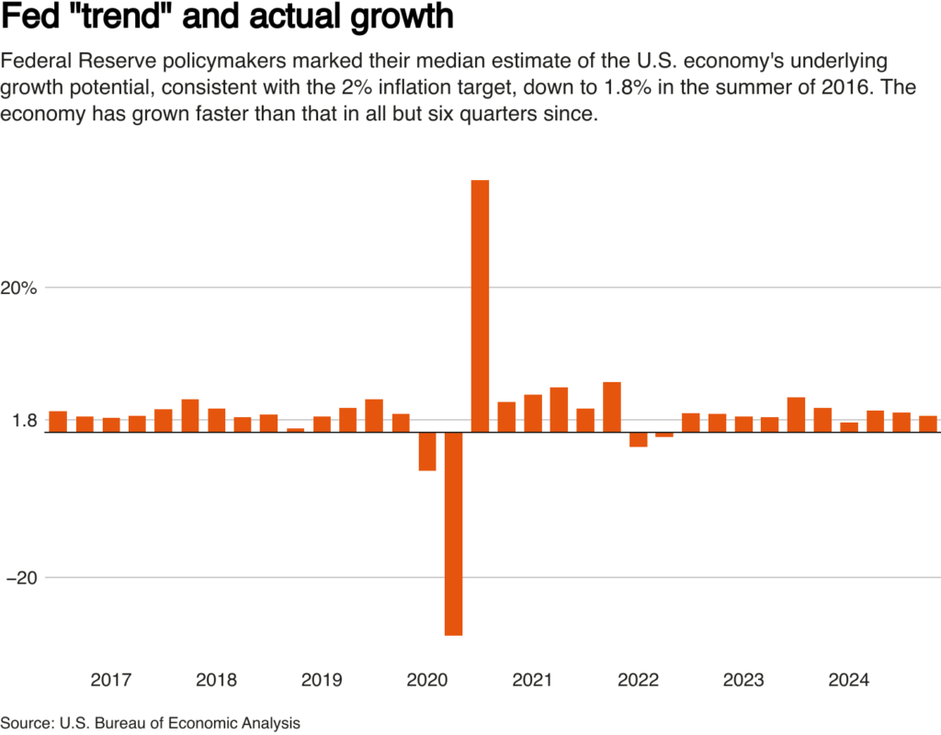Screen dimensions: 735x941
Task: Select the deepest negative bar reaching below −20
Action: click(x=453, y=533)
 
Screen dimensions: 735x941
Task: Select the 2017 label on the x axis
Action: click(x=110, y=681)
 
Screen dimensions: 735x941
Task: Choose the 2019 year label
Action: click(x=322, y=681)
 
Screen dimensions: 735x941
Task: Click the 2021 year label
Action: click(x=532, y=681)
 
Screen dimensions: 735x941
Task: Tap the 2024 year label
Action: click(x=848, y=681)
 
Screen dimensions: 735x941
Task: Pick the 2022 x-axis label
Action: click(x=638, y=681)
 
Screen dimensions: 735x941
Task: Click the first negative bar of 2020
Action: click(x=426, y=451)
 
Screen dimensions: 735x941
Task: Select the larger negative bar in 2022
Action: click(x=638, y=439)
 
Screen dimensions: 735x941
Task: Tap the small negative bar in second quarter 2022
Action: click(x=664, y=435)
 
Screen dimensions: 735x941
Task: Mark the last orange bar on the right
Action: click(x=928, y=424)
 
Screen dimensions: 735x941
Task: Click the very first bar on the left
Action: click(x=58, y=422)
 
